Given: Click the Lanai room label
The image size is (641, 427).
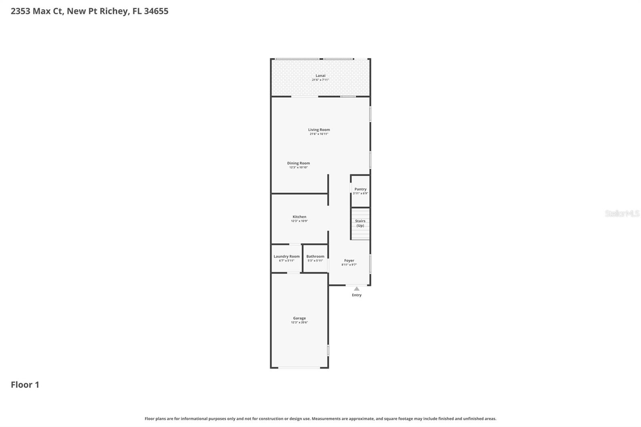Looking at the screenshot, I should (x=320, y=76).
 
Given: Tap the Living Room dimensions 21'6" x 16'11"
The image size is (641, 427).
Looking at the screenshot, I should (x=319, y=134).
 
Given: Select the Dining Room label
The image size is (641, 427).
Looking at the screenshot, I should (x=298, y=163).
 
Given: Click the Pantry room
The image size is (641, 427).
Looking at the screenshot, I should (x=360, y=191).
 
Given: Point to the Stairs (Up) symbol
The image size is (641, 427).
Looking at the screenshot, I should (x=360, y=224).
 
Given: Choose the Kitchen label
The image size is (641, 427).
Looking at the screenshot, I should (x=299, y=217).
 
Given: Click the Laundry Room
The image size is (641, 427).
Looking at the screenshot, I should (x=286, y=258).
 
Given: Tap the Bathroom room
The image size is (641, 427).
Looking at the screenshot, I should (x=315, y=258).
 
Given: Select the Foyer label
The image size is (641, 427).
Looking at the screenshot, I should (x=349, y=260).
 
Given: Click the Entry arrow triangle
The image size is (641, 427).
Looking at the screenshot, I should (x=357, y=289).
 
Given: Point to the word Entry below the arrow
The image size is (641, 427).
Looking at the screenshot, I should (x=357, y=295).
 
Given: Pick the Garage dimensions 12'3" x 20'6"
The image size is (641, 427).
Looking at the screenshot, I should (x=299, y=322).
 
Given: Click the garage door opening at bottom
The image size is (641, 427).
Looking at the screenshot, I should (x=299, y=367).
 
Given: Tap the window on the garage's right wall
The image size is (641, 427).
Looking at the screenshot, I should (x=328, y=350).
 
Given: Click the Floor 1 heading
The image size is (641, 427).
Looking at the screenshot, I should (x=25, y=385).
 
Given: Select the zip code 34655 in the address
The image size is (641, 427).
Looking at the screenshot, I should (x=156, y=11).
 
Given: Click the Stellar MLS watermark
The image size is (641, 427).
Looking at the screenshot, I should (x=622, y=214).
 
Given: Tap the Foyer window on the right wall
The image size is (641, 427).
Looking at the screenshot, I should (x=370, y=264).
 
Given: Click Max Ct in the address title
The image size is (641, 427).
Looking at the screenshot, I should (x=48, y=11).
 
